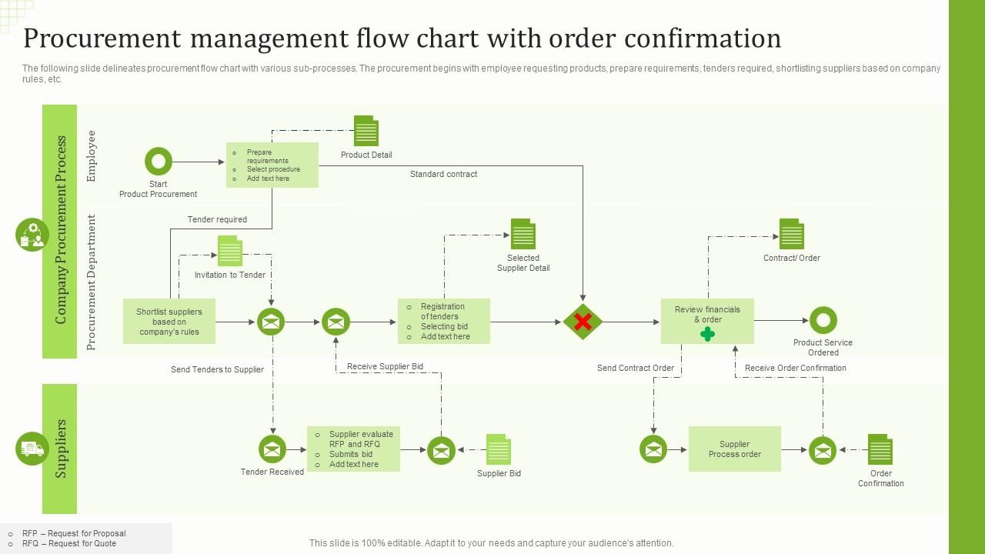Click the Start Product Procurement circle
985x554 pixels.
coord(159,162)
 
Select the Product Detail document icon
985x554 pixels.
coord(366,131)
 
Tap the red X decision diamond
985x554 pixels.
coord(583,322)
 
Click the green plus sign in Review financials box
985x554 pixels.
coord(707,334)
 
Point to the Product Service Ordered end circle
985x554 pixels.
coord(823,320)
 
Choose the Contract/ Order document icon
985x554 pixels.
coord(791,234)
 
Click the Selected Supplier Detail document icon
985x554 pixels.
coord(523,234)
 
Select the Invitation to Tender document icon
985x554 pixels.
coord(229,252)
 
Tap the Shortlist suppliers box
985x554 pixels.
coord(169,322)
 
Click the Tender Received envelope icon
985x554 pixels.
coord(272,449)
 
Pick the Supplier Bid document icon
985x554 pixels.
coord(499,449)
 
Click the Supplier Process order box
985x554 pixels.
coord(734,449)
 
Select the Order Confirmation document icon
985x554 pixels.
coord(880,449)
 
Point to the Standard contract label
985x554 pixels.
coord(443,175)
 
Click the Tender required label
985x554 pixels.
coord(217,220)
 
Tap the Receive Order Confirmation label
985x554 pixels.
coord(795,369)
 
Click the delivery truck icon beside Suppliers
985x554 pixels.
coord(32,449)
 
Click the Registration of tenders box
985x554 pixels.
coord(444,322)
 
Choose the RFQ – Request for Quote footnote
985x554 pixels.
coord(69,543)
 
